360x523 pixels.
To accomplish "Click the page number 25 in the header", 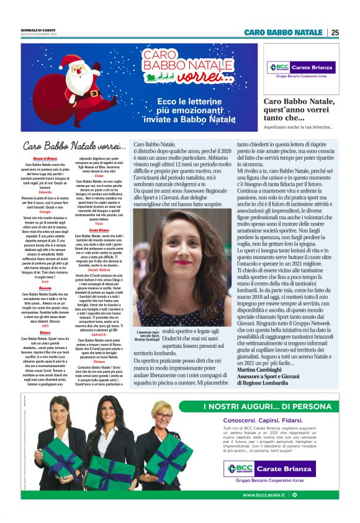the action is click(x=335, y=32).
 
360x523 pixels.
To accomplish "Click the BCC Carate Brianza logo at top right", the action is click(x=300, y=68).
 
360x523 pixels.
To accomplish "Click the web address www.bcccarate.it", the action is click(x=264, y=495).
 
